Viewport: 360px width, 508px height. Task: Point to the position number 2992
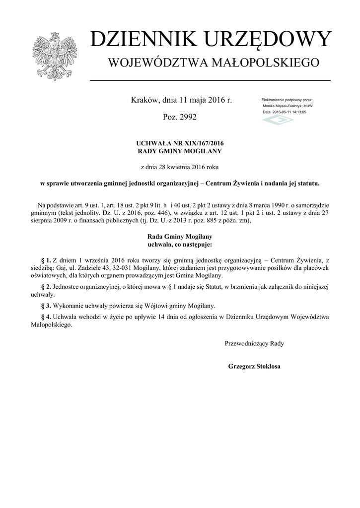click(x=186, y=118)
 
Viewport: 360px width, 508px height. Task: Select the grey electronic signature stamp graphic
click(x=278, y=121)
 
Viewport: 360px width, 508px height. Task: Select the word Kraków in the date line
click(x=144, y=101)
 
